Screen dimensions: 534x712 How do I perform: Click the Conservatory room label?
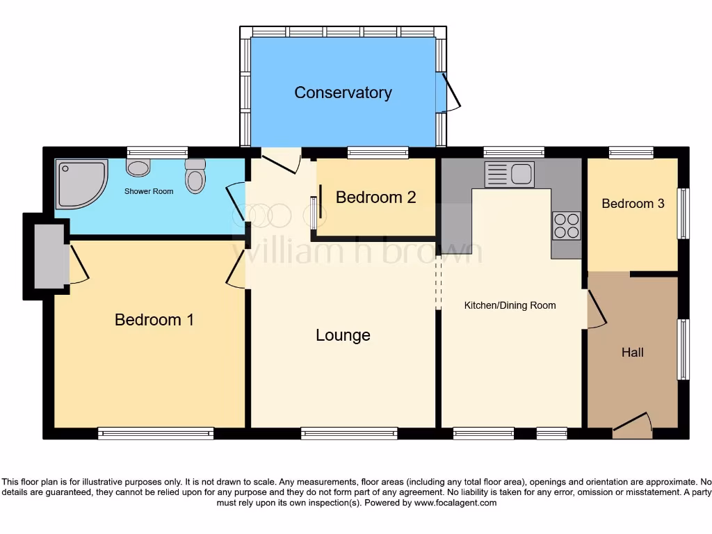point(343,92)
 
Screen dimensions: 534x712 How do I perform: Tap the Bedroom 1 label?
point(154,320)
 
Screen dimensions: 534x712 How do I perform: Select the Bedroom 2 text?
point(375,197)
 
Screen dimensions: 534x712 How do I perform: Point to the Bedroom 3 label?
point(633,204)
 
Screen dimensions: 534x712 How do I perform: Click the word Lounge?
point(343,335)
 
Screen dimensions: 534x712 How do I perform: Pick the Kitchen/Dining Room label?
point(510,305)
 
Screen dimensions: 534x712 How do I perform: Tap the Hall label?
point(632,353)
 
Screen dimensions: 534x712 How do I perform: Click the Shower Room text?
point(149,191)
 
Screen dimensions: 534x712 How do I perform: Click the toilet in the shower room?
point(196,177)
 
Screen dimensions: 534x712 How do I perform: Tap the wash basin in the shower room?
point(139,167)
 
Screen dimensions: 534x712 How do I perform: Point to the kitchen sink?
point(510,174)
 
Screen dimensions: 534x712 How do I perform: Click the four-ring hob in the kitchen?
point(566,225)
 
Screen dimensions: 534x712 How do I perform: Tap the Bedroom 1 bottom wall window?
point(156,433)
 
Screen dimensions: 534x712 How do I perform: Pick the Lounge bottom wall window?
point(349,433)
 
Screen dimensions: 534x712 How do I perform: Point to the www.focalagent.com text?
point(455,503)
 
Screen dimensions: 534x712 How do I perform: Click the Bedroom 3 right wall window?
point(683,214)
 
